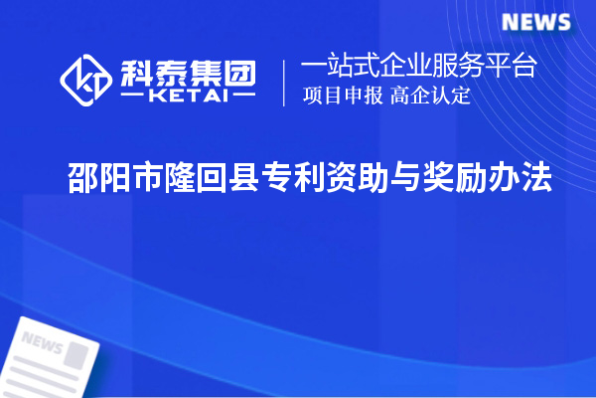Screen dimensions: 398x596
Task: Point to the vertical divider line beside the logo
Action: point(285,83)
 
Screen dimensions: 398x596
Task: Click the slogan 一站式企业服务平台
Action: point(419,68)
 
